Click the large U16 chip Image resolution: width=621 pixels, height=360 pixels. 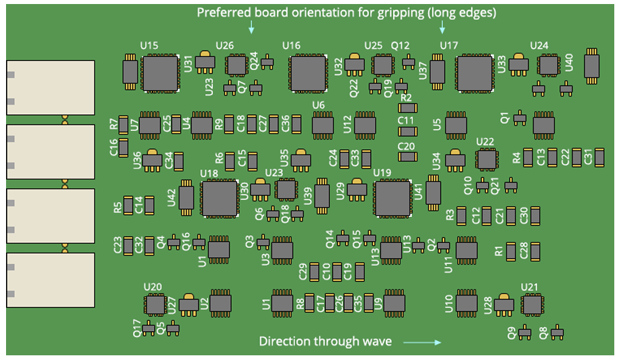308,73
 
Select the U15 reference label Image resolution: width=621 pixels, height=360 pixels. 149,45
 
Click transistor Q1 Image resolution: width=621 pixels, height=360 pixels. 519,119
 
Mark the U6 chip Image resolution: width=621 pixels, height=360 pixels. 323,126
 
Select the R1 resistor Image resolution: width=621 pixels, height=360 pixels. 511,251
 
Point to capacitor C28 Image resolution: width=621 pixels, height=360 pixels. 536,251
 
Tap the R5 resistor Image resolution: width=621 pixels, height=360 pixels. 128,206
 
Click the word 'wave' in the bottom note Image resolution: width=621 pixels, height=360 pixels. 378,342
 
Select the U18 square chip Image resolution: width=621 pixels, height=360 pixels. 219,198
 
